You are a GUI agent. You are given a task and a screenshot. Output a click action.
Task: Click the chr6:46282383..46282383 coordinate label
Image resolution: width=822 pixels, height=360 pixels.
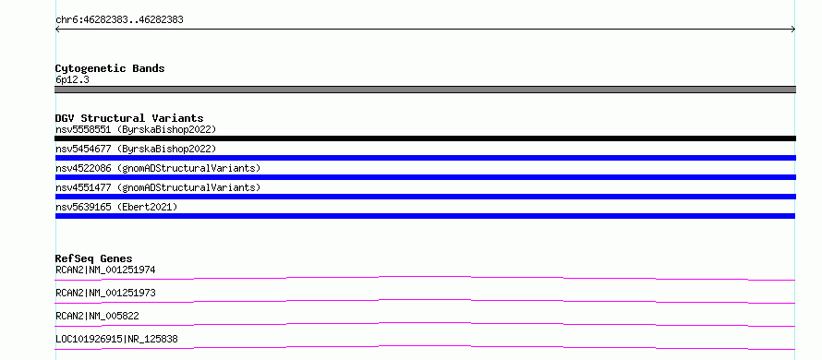click(119, 20)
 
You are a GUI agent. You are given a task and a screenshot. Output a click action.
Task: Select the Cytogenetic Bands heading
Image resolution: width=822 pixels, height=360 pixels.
click(110, 68)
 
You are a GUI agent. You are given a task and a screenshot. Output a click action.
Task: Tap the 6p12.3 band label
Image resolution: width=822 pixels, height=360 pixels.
click(72, 80)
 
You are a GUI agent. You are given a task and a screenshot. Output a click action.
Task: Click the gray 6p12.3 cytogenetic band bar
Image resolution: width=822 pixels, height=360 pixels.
click(425, 90)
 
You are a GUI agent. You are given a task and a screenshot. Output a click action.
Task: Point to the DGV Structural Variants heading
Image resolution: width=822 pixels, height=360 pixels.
click(129, 118)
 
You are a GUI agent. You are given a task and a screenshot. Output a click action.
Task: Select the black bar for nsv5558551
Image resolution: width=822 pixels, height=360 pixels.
click(425, 138)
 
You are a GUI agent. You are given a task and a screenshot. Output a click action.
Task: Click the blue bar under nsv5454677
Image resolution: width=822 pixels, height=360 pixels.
click(425, 158)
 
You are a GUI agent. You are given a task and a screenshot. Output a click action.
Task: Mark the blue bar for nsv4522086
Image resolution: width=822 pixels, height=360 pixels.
click(425, 177)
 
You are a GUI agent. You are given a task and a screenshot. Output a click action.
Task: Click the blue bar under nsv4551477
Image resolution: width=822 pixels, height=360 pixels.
click(425, 197)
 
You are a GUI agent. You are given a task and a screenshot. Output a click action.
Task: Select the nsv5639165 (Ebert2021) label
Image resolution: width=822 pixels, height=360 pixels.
click(116, 207)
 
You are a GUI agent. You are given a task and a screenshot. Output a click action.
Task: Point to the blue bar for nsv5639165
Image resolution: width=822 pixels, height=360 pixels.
click(425, 216)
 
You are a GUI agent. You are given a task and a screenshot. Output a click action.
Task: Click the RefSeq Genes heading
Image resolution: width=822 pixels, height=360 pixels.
click(94, 258)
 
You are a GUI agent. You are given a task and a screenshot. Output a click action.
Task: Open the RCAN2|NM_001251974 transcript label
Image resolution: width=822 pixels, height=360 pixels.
click(105, 270)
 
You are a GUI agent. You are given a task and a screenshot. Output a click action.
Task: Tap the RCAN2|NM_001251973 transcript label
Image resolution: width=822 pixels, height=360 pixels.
click(105, 293)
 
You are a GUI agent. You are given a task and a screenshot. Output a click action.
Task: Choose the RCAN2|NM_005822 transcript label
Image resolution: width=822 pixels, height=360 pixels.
click(97, 316)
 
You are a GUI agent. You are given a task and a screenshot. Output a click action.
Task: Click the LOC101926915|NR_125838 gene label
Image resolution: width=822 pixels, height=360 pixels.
click(116, 339)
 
